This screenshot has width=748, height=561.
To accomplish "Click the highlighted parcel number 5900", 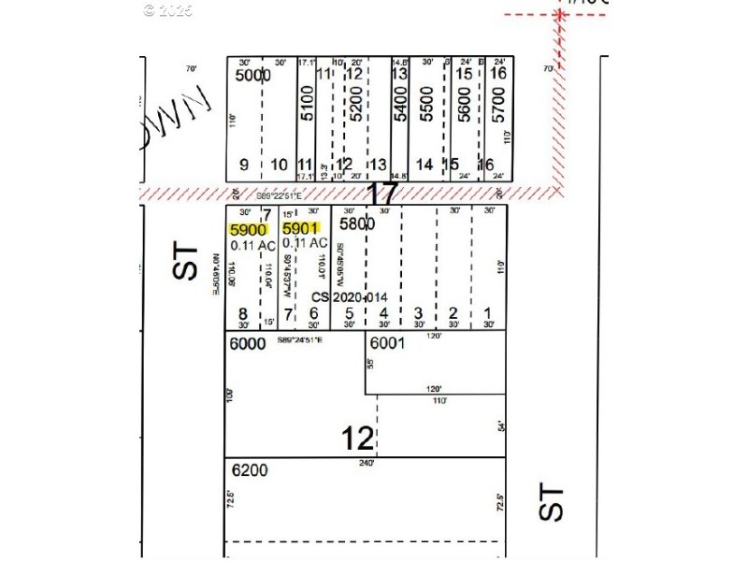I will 249,228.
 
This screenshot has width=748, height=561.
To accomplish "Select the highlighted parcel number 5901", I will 301,228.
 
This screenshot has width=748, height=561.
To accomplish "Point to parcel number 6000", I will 248,344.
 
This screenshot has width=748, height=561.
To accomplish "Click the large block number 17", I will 382,194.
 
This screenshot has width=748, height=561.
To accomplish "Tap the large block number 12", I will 358,437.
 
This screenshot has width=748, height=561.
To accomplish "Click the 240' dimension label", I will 366,462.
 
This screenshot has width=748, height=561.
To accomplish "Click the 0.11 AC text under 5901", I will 305,243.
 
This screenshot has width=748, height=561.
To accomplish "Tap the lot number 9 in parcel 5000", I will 244,165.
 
